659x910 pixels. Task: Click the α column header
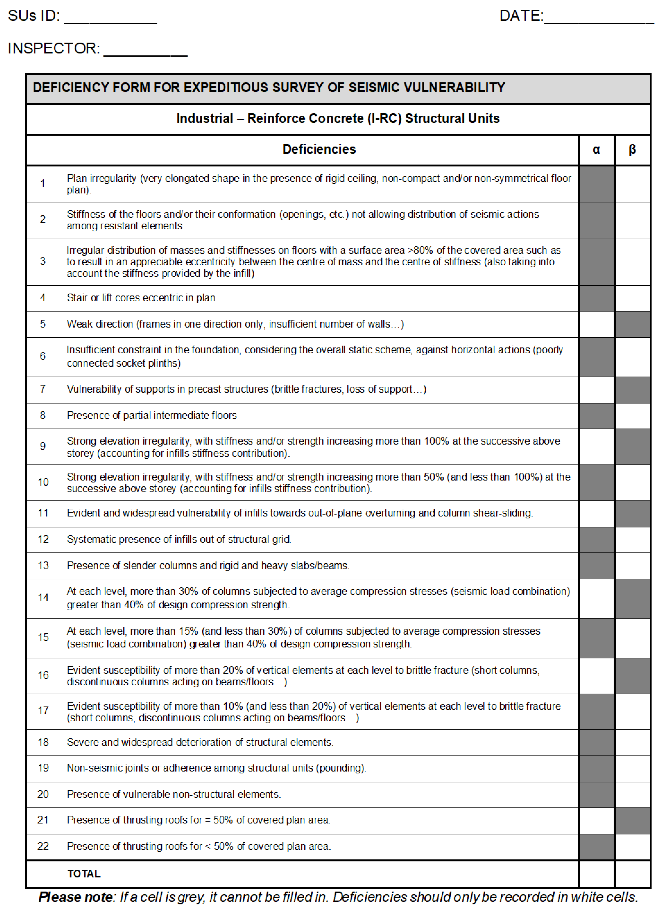[x=596, y=150]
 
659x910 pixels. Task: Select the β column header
[x=632, y=150]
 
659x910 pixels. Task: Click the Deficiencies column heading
[x=319, y=149]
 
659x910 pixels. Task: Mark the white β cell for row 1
[x=632, y=184]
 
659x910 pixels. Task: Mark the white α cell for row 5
[x=596, y=324]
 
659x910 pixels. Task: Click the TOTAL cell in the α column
[x=596, y=874]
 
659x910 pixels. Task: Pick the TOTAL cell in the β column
[x=632, y=874]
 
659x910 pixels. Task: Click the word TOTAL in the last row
[x=84, y=874]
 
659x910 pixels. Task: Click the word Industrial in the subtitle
[x=205, y=118]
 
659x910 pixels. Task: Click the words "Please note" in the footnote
[x=76, y=897]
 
